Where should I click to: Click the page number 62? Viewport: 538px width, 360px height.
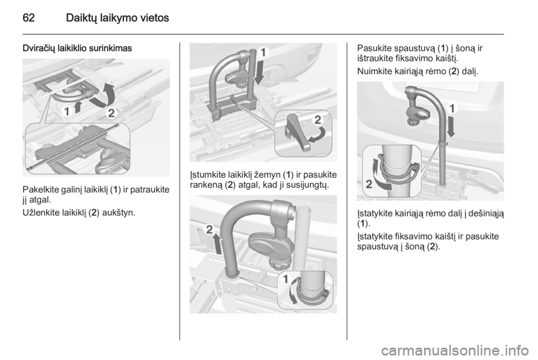[x=29, y=17]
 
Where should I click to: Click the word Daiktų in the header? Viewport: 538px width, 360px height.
[x=80, y=18]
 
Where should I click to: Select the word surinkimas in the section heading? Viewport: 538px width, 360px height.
[x=110, y=48]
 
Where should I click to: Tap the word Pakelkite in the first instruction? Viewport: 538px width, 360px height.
[x=38, y=190]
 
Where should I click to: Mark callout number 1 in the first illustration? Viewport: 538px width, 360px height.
[x=67, y=111]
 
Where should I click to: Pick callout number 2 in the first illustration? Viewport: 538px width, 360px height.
[x=111, y=113]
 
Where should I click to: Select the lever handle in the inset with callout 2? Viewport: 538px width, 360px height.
[x=297, y=133]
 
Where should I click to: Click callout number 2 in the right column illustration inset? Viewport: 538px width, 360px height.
[x=369, y=184]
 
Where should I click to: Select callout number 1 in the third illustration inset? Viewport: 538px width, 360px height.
[x=285, y=280]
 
